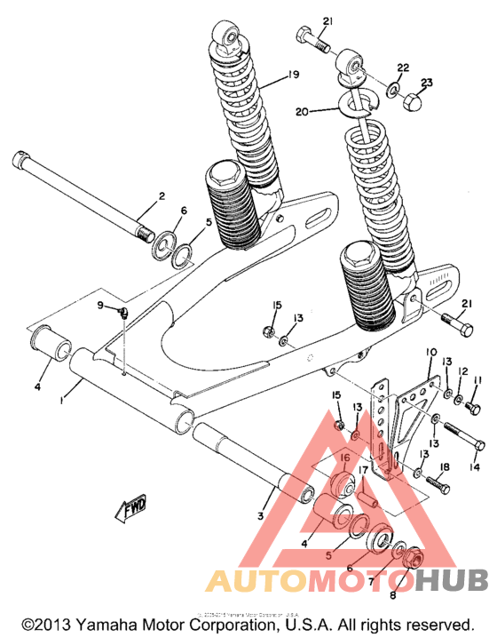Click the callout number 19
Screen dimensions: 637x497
pyautogui.click(x=294, y=76)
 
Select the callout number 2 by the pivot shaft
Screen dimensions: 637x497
pyautogui.click(x=162, y=195)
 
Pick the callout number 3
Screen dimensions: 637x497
pyautogui.click(x=261, y=515)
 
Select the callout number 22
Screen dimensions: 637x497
pyautogui.click(x=402, y=68)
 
